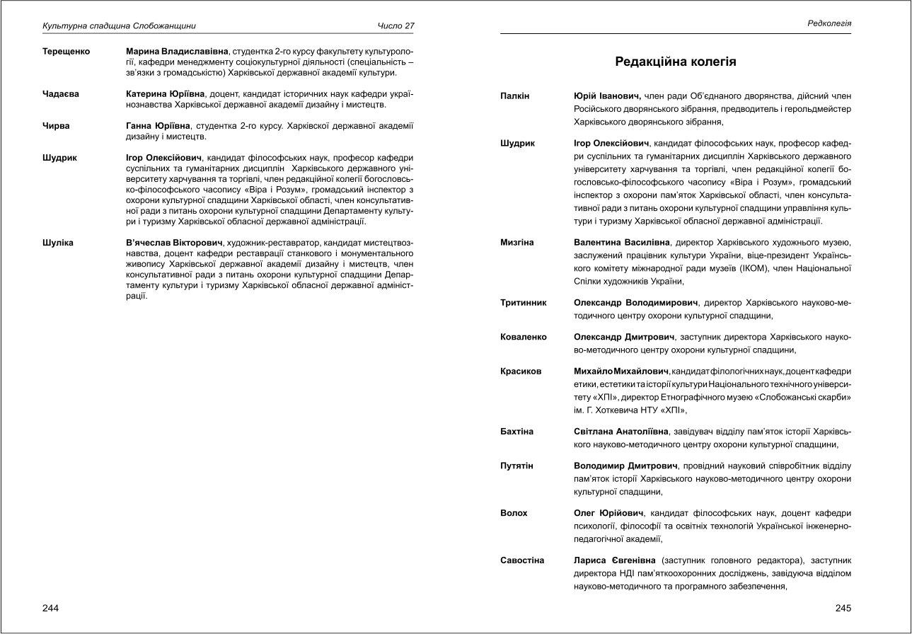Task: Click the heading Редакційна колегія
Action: tap(676, 62)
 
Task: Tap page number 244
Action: tap(51, 608)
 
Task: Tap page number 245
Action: tap(843, 608)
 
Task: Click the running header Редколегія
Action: tap(829, 23)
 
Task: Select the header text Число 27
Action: tap(396, 26)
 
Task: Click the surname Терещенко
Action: tap(67, 52)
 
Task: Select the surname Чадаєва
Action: tap(61, 93)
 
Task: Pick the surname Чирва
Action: tap(57, 126)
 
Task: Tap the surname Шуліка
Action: tap(58, 243)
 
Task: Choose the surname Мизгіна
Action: tap(517, 243)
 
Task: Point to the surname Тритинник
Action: tap(524, 302)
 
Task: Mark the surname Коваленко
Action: tap(524, 338)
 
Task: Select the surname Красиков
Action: tap(521, 371)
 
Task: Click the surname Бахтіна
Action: tap(517, 432)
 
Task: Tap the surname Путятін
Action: tap(517, 466)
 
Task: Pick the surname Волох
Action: tap(514, 513)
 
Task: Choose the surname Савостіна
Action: tap(522, 560)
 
